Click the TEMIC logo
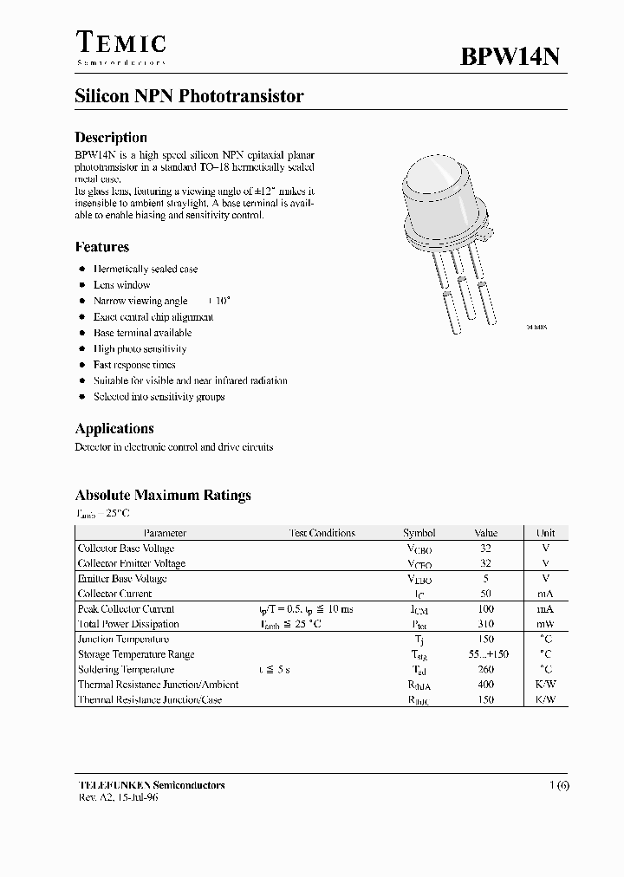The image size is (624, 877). tap(120, 46)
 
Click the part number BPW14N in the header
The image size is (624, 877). tap(510, 56)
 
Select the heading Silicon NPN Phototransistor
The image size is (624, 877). tap(189, 97)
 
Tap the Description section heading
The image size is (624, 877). tap(111, 137)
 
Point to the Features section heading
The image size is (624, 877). tap(102, 247)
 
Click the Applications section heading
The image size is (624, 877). tap(114, 428)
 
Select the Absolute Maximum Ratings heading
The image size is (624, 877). tap(163, 496)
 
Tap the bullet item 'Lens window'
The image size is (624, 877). tap(121, 285)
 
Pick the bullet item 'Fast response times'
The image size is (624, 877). tap(134, 365)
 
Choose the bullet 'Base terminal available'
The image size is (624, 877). tap(142, 333)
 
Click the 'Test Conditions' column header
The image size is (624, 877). tap(322, 533)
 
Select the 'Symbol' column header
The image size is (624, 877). tap(419, 533)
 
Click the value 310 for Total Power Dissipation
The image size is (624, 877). tap(485, 624)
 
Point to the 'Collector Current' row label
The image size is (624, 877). tap(115, 594)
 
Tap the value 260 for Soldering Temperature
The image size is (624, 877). tap(485, 670)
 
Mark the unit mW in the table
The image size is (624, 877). tap(545, 624)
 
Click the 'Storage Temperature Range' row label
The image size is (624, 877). tap(136, 654)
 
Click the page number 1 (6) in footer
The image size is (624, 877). tap(559, 785)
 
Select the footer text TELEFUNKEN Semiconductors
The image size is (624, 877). tap(152, 785)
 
